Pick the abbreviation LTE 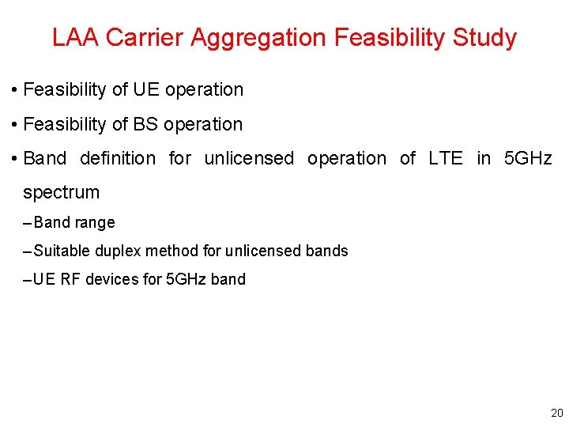click(445, 158)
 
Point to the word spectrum click(62, 192)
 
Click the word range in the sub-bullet click(95, 223)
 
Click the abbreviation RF click(70, 279)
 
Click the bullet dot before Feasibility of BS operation click(16, 125)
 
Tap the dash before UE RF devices click(28, 279)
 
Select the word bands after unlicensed click(328, 251)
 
